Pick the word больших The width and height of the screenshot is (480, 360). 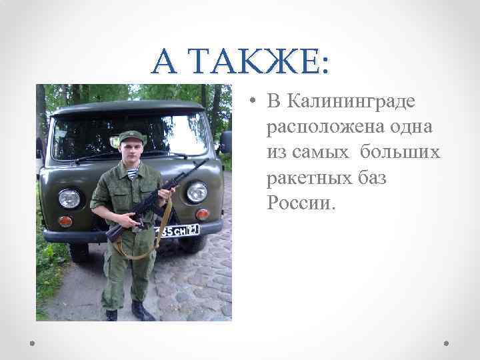400,153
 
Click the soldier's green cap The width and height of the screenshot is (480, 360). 131,137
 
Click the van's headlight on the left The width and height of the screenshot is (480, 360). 69,198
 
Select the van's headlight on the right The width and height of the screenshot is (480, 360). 197,192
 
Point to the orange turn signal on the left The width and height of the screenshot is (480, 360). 65,221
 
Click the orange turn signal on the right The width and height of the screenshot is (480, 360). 201,214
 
